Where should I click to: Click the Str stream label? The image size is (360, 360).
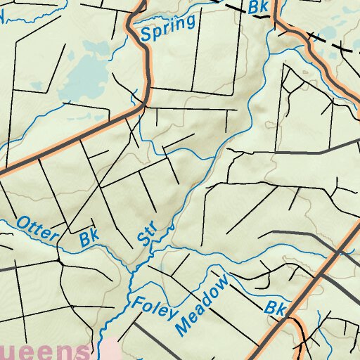click(x=146, y=236)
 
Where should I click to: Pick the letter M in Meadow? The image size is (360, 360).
click(x=184, y=324)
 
